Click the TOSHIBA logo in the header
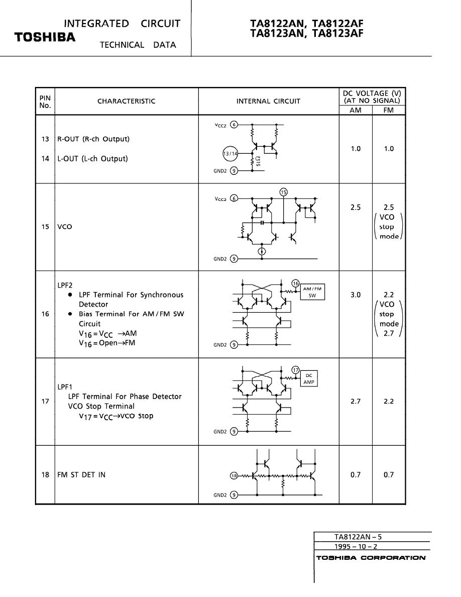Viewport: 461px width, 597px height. (45, 38)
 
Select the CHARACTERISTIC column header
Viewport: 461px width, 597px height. (127, 101)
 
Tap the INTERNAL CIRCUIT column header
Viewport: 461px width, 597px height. (268, 101)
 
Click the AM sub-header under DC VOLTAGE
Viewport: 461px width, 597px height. (356, 110)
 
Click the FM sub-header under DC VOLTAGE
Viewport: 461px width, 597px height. (389, 110)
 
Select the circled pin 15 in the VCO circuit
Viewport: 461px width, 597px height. (284, 192)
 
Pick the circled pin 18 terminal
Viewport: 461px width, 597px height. (233, 475)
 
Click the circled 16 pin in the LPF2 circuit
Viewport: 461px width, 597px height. (296, 284)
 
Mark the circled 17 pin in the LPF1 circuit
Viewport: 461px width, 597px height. (296, 370)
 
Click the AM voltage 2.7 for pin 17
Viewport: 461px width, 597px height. (356, 402)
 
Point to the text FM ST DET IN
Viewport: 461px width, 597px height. (81, 475)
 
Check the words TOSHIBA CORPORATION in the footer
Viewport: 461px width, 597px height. (371, 558)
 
